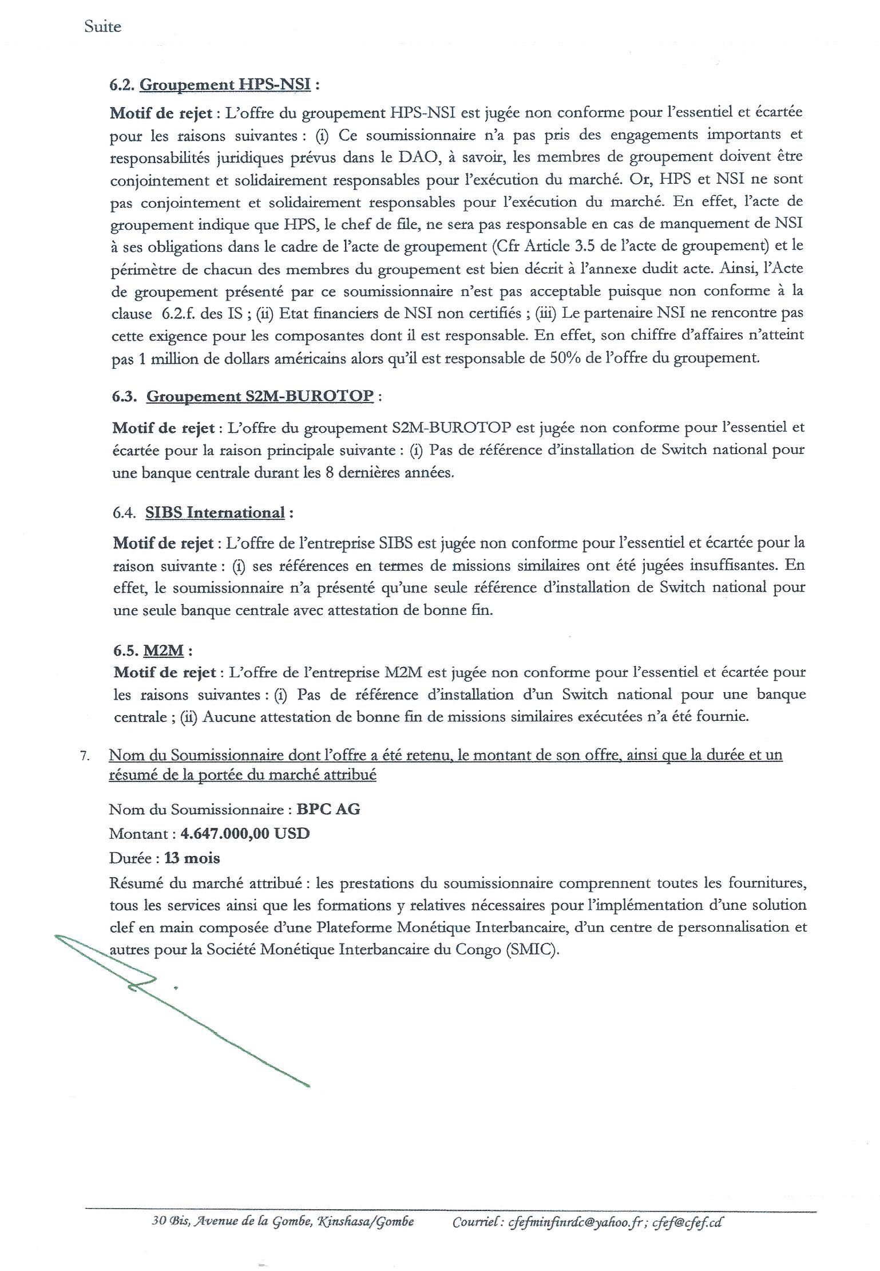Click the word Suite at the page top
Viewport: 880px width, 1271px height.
103,26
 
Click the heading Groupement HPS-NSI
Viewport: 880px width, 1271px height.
225,85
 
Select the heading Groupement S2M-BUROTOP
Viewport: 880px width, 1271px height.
260,396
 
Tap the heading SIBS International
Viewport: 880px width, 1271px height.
215,512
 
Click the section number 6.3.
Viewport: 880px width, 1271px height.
124,396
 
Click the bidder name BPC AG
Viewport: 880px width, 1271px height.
328,810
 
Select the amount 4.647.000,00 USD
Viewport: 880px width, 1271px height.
245,834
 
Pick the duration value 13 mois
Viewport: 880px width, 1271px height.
192,858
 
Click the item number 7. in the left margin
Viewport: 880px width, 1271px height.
85,756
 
